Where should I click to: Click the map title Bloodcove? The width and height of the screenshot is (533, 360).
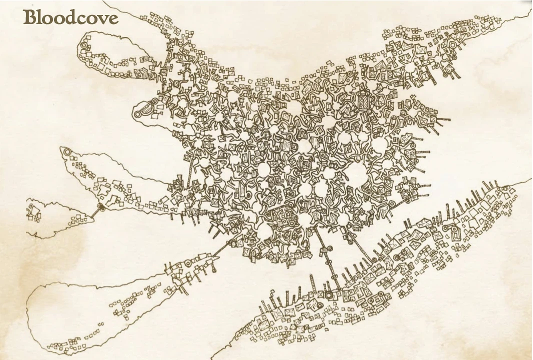(x=70, y=18)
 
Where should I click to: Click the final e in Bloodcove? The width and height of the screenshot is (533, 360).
(x=113, y=19)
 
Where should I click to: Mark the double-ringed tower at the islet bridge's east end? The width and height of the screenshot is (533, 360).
(x=100, y=206)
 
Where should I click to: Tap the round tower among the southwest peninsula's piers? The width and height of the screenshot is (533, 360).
(x=188, y=261)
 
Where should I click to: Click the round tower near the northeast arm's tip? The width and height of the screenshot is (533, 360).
(x=453, y=45)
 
